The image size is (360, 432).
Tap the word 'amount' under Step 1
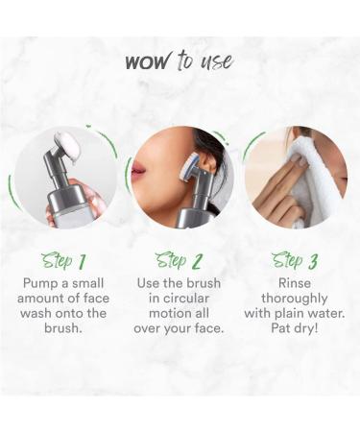coord(55,298)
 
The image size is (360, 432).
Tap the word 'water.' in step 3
coord(322,313)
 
